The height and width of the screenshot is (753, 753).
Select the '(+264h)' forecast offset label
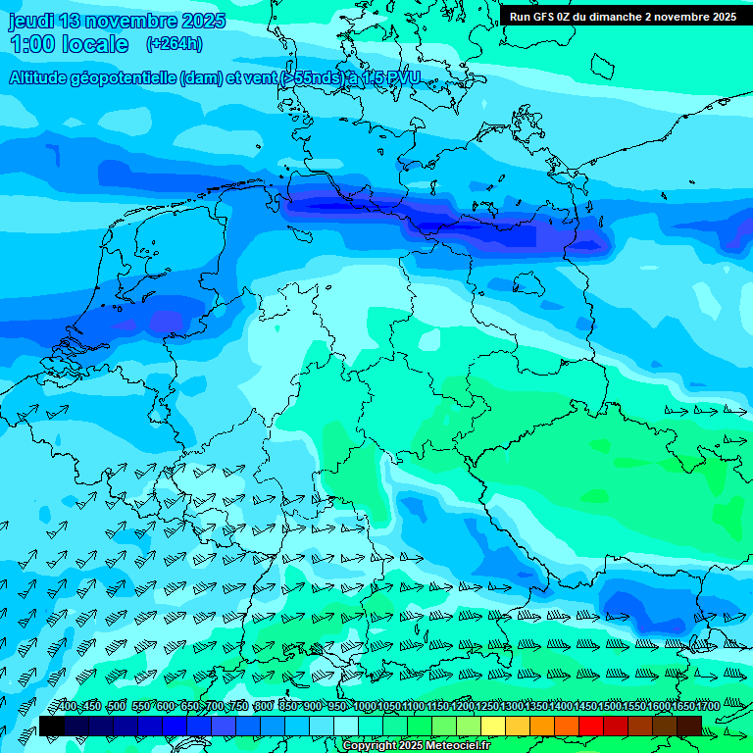click(x=174, y=44)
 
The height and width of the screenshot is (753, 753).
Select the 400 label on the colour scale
click(x=67, y=707)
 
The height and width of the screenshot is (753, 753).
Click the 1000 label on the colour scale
click(x=365, y=707)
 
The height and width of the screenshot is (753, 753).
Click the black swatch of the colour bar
click(x=52, y=726)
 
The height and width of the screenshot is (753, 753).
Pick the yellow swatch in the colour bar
click(x=493, y=726)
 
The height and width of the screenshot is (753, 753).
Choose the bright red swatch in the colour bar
click(x=591, y=726)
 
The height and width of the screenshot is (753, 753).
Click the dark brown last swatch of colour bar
click(x=689, y=726)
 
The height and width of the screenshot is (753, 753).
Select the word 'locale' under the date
click(x=95, y=44)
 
